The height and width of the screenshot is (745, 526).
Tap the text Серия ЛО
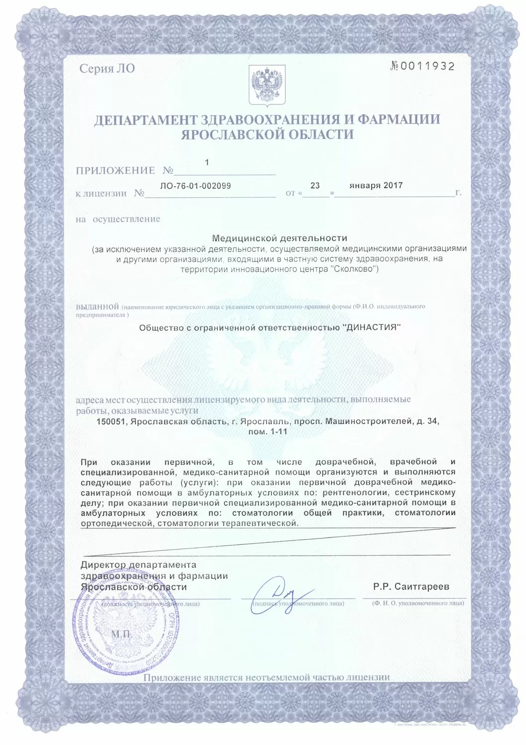click(107, 69)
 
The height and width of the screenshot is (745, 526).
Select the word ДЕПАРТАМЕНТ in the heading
click(143, 120)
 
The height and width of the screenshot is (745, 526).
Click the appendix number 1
click(207, 162)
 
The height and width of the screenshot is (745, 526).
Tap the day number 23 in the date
click(315, 185)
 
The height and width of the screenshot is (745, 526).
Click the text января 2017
click(376, 185)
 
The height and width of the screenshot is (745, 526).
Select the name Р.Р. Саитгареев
click(411, 587)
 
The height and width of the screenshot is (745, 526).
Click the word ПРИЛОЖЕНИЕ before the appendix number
click(115, 170)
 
